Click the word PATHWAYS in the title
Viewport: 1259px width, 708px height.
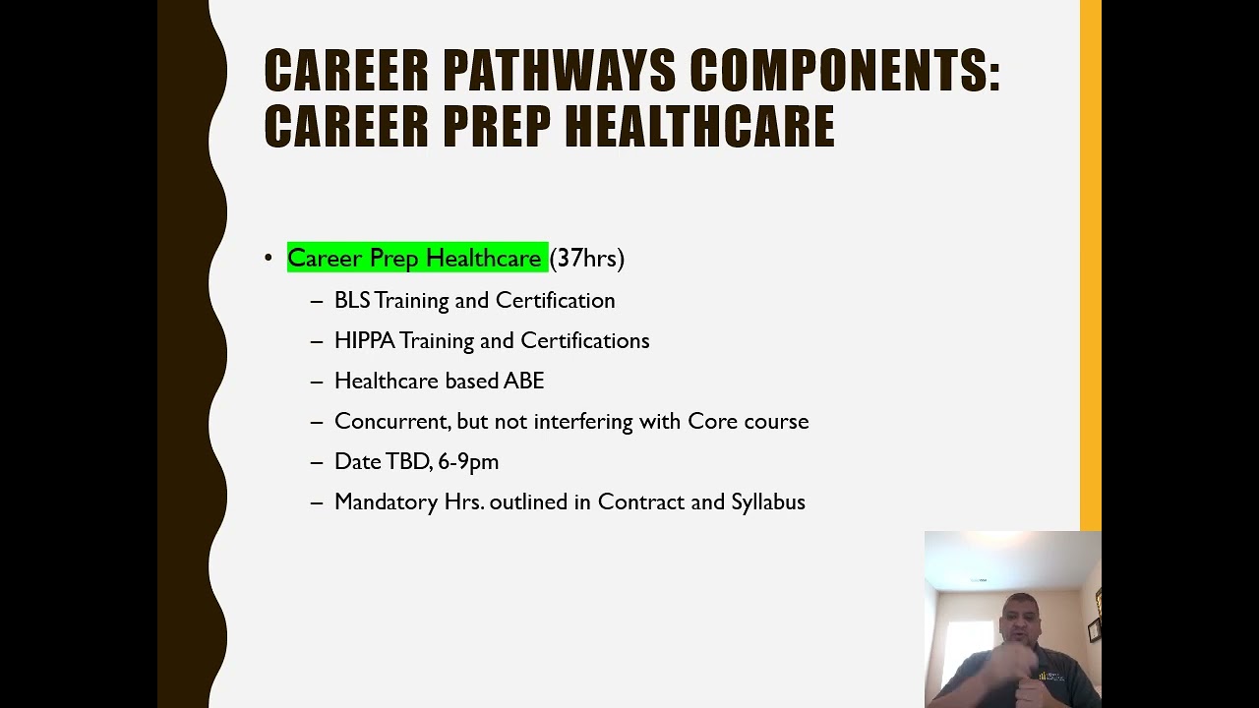[x=560, y=72]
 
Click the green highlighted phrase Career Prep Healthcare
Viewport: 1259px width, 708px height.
[x=414, y=258]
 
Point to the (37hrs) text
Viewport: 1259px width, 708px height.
[x=587, y=258]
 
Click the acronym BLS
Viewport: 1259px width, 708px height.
[x=352, y=300]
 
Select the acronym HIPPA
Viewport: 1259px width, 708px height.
[x=364, y=340]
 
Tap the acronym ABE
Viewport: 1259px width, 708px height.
[x=523, y=381]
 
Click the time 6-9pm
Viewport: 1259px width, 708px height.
[x=468, y=461]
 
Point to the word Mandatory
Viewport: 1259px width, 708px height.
[x=386, y=501]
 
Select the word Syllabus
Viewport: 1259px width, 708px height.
[x=768, y=501]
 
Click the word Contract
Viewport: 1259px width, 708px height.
[x=641, y=501]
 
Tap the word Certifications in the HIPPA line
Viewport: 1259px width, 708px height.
[x=585, y=340]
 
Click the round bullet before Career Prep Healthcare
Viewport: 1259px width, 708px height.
[x=269, y=258]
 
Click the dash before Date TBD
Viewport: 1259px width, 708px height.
[x=317, y=462]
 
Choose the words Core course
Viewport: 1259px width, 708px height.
[x=749, y=421]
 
